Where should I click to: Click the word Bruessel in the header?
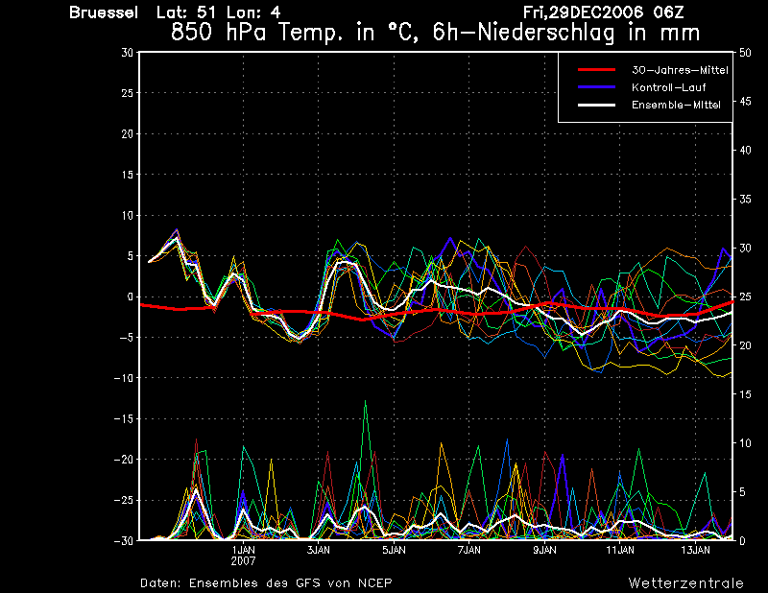(x=104, y=12)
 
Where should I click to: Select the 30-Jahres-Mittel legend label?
(x=680, y=70)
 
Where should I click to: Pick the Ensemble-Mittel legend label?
(x=676, y=105)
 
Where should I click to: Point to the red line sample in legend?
(x=596, y=70)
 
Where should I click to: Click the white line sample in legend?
(x=596, y=105)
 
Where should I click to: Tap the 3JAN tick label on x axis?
(x=319, y=550)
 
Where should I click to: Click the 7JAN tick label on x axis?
(x=469, y=550)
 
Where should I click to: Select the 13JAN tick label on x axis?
(x=695, y=550)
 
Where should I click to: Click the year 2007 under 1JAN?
(x=244, y=561)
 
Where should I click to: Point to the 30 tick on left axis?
(x=128, y=53)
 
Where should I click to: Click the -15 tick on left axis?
(x=124, y=419)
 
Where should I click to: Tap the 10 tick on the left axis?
(x=128, y=216)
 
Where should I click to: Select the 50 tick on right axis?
(x=745, y=53)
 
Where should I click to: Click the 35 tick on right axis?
(x=745, y=200)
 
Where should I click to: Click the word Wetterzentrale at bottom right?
(x=685, y=583)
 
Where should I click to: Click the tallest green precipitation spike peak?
(x=365, y=400)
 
